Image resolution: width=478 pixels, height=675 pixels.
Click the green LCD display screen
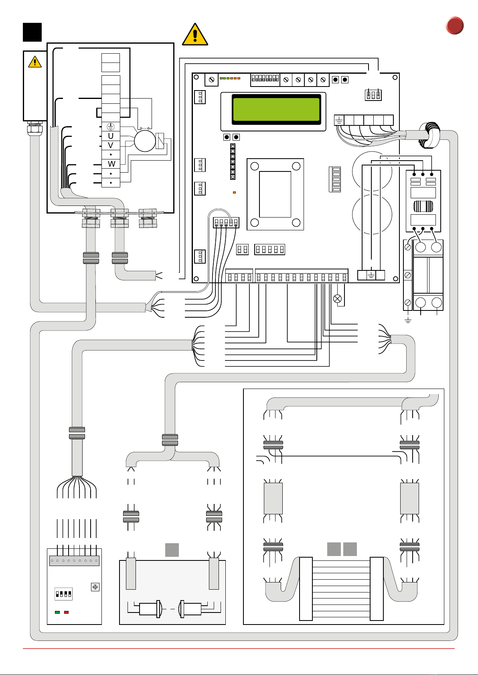(276, 109)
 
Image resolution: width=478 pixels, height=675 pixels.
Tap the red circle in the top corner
(455, 26)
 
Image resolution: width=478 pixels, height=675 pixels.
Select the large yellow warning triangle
(195, 34)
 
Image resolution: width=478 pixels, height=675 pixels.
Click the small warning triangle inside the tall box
(35, 62)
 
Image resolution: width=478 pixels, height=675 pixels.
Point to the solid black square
(32, 32)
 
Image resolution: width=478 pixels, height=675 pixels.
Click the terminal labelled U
(111, 136)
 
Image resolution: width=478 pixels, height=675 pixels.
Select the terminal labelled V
(111, 145)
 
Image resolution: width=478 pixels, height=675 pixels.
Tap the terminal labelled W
(111, 164)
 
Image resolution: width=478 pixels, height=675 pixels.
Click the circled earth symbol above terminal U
(111, 127)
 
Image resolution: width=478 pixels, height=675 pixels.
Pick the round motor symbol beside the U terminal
(144, 141)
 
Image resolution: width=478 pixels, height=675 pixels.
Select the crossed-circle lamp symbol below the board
(338, 298)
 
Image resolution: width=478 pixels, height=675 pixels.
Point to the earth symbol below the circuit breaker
(408, 320)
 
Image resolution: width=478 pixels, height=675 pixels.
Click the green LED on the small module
(57, 612)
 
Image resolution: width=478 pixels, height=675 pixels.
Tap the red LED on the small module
(67, 612)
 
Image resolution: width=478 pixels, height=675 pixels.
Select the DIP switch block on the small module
(63, 594)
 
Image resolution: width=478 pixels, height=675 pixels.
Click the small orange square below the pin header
(234, 193)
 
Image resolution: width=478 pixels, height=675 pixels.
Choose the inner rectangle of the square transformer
(275, 194)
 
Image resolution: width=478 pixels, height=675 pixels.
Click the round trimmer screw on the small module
(95, 587)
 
